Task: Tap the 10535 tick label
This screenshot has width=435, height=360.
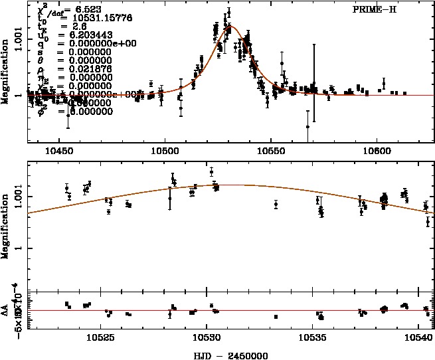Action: (x=313, y=338)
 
